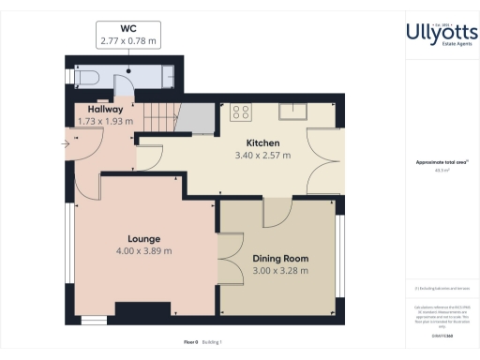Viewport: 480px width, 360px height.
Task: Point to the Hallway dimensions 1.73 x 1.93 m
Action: (104, 121)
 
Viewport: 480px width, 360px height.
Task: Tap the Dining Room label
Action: (280, 258)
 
